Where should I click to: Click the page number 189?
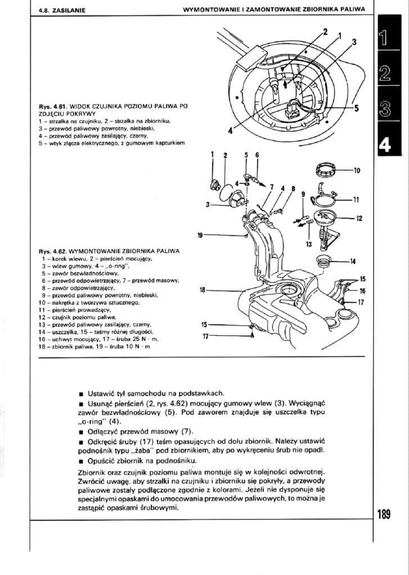point(384,515)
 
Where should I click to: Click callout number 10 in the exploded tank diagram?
point(356,170)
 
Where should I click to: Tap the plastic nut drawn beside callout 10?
point(327,168)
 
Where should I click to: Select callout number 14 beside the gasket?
point(352,261)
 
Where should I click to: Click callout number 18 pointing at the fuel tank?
point(203,290)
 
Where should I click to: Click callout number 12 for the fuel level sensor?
point(359,218)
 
